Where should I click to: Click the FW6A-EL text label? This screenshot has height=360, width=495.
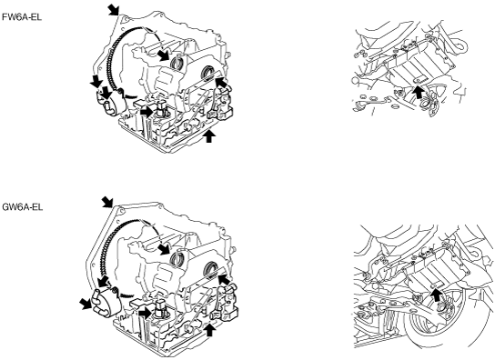coord(22,17)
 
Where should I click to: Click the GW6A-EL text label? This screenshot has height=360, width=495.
coord(23,207)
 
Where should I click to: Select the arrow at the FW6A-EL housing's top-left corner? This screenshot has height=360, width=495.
coord(113,9)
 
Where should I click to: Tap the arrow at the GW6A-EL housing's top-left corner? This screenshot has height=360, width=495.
coord(107,202)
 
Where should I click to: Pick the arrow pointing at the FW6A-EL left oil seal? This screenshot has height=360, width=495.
coord(164,55)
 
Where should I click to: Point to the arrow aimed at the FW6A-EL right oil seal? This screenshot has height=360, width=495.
coord(221,82)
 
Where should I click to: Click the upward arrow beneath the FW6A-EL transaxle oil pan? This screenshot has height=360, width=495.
coord(209,136)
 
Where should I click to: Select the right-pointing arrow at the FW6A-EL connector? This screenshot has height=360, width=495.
coord(146,112)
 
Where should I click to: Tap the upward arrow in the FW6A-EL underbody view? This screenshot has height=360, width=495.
coord(419,91)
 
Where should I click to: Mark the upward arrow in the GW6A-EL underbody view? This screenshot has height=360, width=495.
coord(436,296)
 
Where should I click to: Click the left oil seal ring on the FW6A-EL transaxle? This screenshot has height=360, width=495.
coord(177,64)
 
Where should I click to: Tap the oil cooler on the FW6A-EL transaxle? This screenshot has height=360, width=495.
coord(110,103)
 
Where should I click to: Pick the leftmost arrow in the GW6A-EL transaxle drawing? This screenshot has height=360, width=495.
coord(86,304)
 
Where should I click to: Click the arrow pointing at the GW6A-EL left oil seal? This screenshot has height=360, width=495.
coord(164,248)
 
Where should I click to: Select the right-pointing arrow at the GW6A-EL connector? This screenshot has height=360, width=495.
coord(146,313)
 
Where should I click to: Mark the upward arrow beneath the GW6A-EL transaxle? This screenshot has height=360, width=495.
coord(210,330)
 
